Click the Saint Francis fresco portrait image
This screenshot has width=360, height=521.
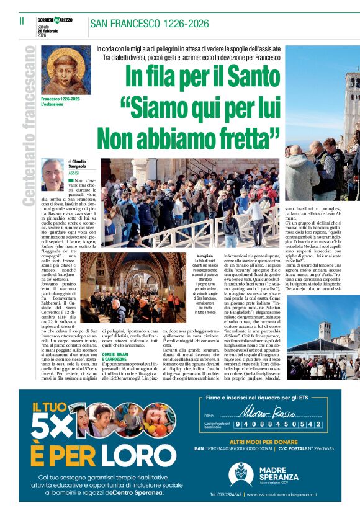pos(65,69)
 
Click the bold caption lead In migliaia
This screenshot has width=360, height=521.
pos(205,256)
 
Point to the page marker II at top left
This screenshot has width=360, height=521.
pos(21,21)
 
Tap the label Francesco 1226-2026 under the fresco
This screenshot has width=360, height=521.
pos(61,99)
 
